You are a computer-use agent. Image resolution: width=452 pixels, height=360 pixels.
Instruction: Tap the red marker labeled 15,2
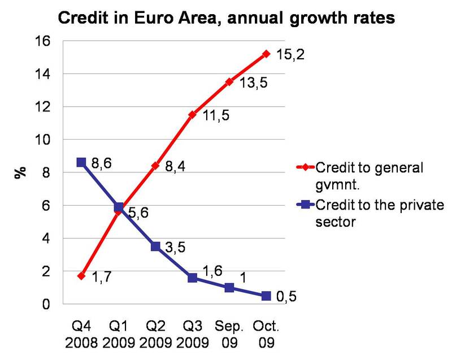point(266,54)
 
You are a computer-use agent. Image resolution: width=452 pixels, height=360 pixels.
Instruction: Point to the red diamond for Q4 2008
point(81,276)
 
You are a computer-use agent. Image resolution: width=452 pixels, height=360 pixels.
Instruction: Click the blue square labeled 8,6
point(81,162)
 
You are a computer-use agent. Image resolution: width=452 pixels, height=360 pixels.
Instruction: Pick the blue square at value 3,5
point(155,246)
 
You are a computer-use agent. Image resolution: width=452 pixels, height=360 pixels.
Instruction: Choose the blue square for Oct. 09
point(266,296)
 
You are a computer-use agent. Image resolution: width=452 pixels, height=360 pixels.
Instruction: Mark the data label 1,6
point(212,271)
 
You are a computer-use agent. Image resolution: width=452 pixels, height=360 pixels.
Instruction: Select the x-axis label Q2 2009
point(155,334)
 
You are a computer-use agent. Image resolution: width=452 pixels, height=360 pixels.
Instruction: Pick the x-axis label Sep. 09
point(229,334)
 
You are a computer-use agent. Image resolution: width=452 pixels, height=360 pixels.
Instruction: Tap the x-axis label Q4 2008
point(81,334)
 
